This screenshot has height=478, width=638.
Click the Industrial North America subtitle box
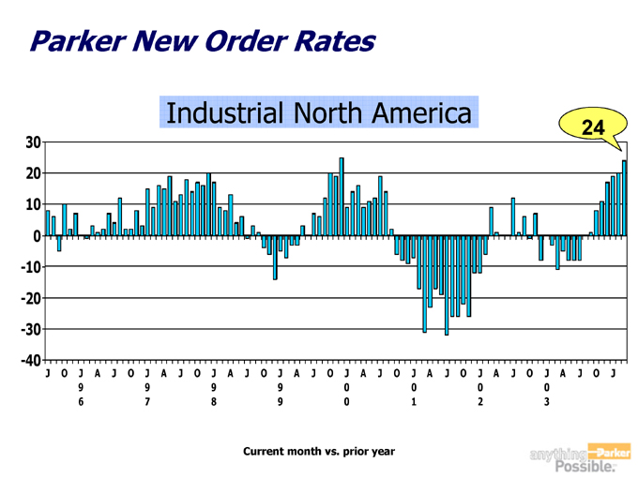point(318,112)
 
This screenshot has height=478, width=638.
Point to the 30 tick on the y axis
point(32,142)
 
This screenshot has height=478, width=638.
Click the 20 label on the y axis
point(32,173)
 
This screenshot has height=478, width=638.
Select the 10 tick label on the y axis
point(32,204)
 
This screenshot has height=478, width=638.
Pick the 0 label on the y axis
point(36,236)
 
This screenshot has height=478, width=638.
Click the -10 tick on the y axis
point(29,267)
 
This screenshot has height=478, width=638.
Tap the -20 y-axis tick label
point(29,298)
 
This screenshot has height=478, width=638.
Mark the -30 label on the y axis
point(29,329)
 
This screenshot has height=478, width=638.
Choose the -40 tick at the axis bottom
point(29,360)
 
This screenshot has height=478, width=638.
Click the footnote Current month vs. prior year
point(318,452)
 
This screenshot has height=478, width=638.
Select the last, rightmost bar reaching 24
point(624,198)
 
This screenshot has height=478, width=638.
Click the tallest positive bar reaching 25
point(342,197)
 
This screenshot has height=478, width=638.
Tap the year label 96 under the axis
point(81,394)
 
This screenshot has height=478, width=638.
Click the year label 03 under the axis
point(546,394)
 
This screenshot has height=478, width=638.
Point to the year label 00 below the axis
point(346,394)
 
